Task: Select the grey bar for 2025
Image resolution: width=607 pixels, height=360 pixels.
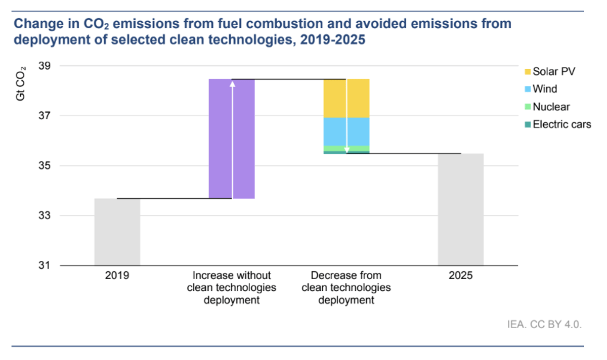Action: (x=460, y=209)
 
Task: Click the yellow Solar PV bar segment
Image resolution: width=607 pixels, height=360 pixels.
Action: (x=334, y=98)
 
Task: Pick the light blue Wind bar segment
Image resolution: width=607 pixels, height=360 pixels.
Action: (x=334, y=131)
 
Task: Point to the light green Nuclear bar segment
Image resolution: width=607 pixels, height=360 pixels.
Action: (x=334, y=148)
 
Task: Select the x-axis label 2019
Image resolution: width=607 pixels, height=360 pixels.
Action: (x=117, y=276)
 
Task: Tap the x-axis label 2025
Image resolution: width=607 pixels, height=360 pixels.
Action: (x=460, y=276)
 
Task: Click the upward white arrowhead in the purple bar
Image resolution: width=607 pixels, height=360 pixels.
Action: (x=232, y=83)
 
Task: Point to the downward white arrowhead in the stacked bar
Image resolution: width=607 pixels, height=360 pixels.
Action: (x=346, y=150)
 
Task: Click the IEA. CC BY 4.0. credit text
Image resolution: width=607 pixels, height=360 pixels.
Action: (x=545, y=324)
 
